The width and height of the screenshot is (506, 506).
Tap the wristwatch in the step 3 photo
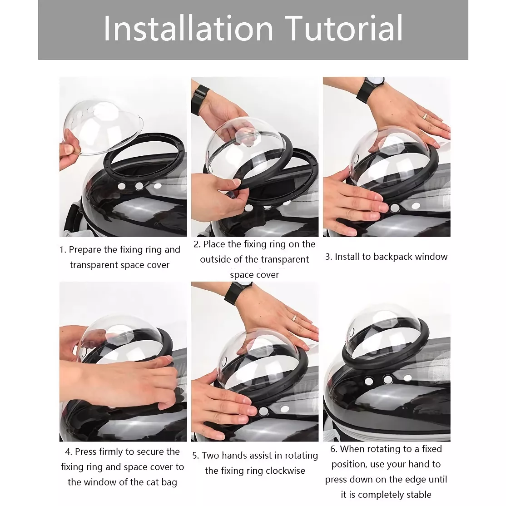pyautogui.click(x=371, y=89)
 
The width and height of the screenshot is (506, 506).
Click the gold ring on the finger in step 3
pyautogui.click(x=425, y=116)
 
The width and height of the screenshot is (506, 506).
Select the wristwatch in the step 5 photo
pyautogui.click(x=238, y=292)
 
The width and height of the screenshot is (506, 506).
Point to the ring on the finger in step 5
pyautogui.click(x=294, y=318)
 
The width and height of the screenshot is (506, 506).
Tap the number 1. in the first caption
pyautogui.click(x=63, y=250)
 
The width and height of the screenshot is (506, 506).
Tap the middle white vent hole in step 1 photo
pyautogui.click(x=139, y=186)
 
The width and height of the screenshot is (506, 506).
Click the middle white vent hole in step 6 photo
pyautogui.click(x=387, y=380)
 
